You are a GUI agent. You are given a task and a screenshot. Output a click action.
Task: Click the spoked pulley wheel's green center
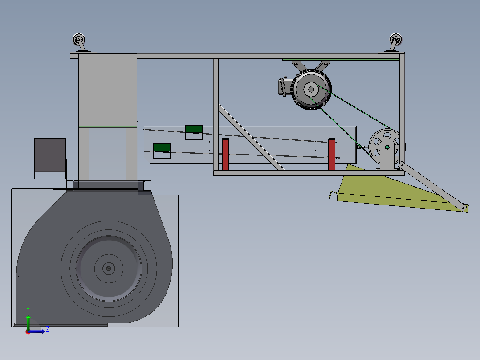pos(387,147)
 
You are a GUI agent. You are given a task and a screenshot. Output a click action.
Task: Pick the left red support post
pos(225,154)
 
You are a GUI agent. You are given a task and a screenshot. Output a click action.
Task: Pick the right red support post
pos(331,154)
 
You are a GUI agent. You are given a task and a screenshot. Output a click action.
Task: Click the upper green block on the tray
pos(194,129)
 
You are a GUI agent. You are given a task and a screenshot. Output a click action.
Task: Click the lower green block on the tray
pos(162,147)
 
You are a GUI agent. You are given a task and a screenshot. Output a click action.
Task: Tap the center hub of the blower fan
pos(108,268)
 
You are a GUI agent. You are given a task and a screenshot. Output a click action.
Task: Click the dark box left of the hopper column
pos(50,155)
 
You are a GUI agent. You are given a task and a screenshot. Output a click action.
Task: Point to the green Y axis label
pos(28,309)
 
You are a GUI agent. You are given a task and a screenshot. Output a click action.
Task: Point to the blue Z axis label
pos(47,329)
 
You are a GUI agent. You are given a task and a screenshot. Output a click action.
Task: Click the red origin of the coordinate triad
pos(28,332)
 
